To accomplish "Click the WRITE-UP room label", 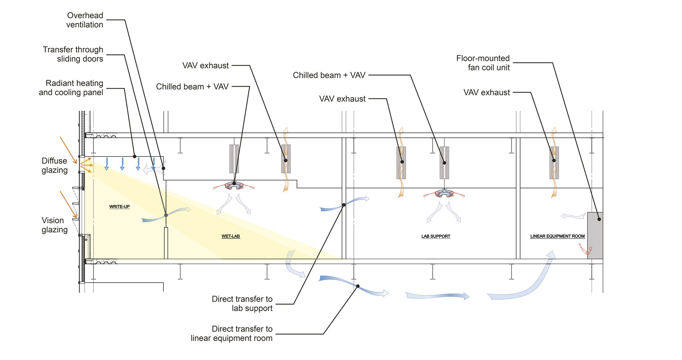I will pos(119,207).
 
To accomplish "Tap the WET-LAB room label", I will pos(231,236).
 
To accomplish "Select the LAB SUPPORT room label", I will pos(435,236).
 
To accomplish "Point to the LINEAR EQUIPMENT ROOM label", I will pos(557,236).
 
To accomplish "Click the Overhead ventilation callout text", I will pos(85,20).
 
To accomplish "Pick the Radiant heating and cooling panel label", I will pos(71,88).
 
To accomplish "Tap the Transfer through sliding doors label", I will pos(73,54).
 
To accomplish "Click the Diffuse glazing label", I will pos(54,165).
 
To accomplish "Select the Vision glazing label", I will pos(54,225).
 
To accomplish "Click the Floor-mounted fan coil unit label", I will pos(483,63).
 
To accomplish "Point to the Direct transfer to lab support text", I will pos(242,304).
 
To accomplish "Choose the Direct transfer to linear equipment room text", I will pos(232,333).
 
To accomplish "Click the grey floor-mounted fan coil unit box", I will pos(595,235).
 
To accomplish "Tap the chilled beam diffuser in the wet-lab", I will pos(234,185).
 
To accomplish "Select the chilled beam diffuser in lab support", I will pos(444,193).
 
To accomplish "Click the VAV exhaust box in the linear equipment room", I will pos(554,163).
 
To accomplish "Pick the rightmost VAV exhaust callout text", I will pos(487,93).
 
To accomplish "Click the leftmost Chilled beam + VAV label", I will pos(192,87).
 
